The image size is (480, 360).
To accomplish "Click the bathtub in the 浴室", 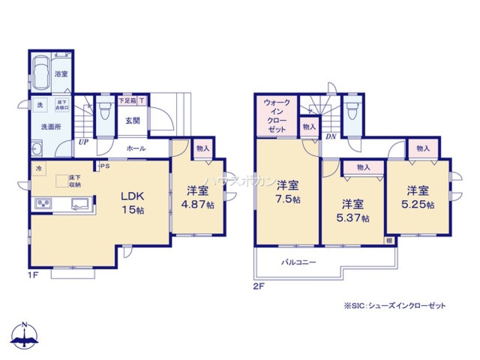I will click(x=40, y=73).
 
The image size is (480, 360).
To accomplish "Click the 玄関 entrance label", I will click(x=133, y=120).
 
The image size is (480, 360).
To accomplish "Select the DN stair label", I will click(x=330, y=136).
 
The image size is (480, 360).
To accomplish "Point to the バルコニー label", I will click(x=298, y=263).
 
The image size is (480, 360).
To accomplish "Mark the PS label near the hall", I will click(x=105, y=167).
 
